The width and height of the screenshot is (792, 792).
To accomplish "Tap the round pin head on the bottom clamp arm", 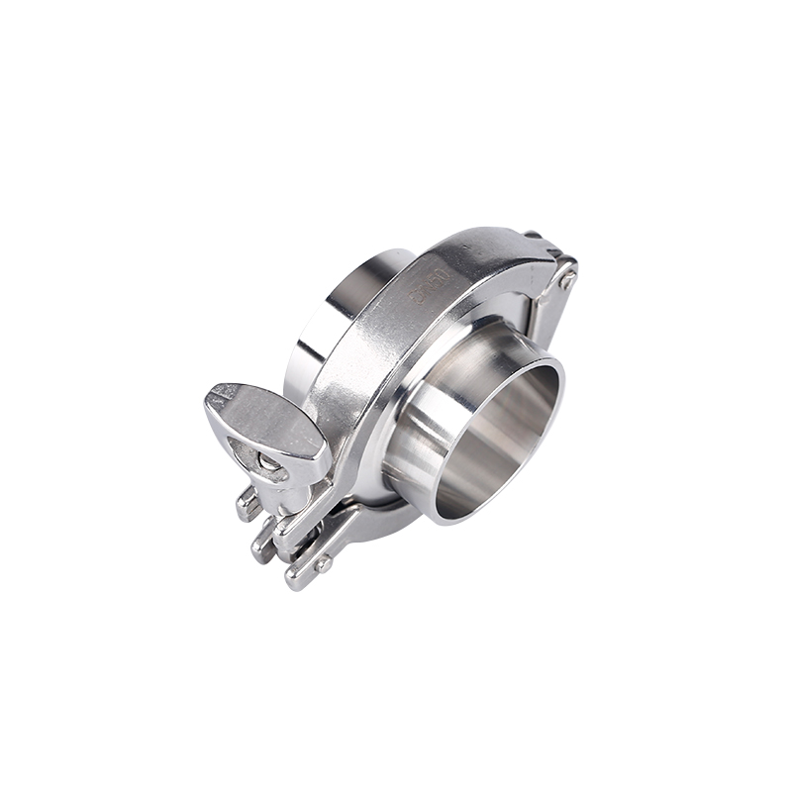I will tap(323, 564).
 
